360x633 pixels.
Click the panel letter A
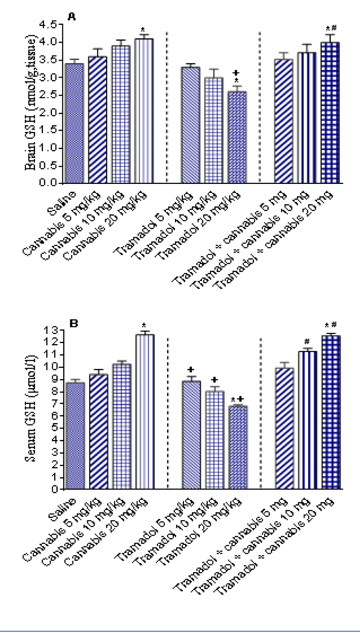(x=72, y=17)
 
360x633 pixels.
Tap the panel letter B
(x=73, y=324)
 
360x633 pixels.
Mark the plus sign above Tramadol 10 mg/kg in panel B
(x=215, y=380)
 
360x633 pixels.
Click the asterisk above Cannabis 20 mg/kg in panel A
(x=143, y=30)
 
